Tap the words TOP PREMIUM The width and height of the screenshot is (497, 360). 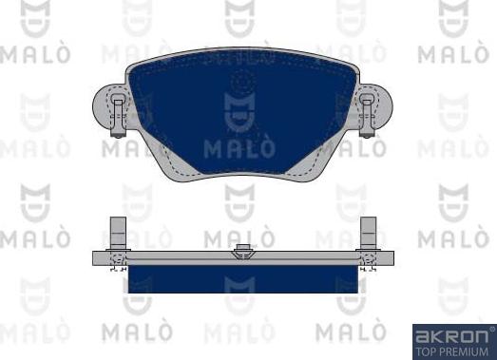pos(452,349)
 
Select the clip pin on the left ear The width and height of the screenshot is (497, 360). pos(116,112)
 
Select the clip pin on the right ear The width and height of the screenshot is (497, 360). pos(366,112)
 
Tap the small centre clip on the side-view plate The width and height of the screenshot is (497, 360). pos(241,253)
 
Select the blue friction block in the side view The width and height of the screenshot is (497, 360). pos(240,280)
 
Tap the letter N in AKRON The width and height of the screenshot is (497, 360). pos(481,335)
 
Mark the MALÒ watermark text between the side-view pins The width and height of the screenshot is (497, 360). pos(240,234)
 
